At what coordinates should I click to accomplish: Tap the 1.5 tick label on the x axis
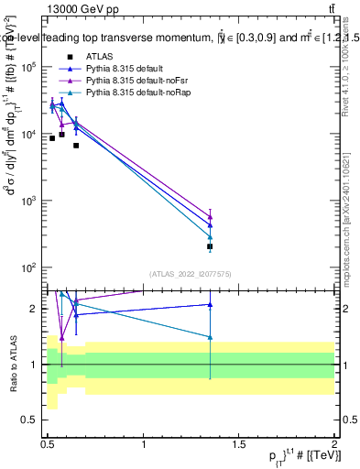click(x=239, y=444)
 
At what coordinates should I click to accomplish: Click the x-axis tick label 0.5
click(x=48, y=444)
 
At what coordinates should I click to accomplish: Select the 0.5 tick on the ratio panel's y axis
click(x=31, y=420)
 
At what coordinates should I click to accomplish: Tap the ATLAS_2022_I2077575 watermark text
click(x=190, y=273)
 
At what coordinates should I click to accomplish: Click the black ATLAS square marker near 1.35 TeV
click(x=210, y=246)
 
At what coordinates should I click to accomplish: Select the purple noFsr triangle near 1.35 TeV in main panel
click(x=210, y=218)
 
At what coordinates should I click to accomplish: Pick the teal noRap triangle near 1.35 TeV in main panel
click(x=210, y=237)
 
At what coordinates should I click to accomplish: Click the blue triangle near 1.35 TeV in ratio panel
click(x=210, y=305)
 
